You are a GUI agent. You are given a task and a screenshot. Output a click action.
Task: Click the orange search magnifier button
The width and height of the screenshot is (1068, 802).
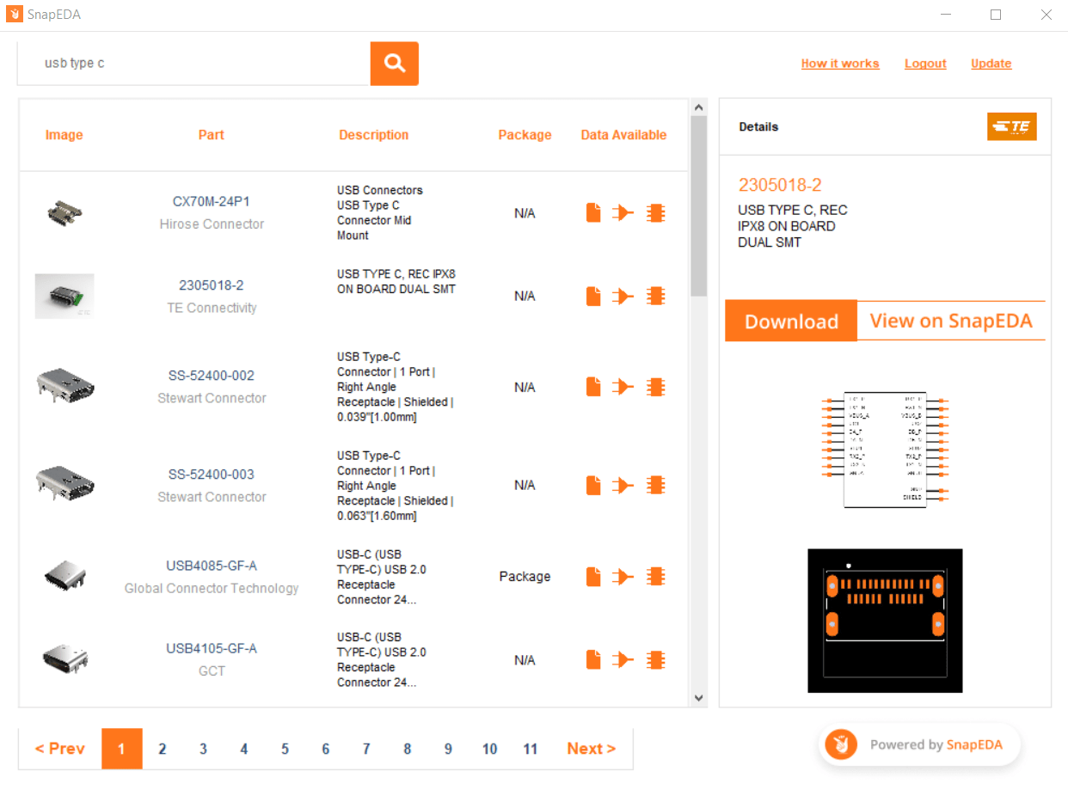[394, 64]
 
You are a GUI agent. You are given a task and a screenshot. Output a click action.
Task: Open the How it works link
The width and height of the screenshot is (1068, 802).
[839, 64]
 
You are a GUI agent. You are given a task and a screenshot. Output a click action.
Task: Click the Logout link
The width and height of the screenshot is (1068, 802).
[925, 64]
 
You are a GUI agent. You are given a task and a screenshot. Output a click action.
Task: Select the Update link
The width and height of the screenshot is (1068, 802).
[991, 64]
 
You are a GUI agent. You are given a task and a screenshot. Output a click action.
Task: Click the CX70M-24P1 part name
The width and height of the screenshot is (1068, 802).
[212, 201]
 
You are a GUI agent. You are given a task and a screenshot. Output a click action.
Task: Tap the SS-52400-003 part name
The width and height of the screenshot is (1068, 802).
[212, 474]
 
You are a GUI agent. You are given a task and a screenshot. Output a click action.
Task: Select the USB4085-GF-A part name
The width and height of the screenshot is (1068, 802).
[212, 566]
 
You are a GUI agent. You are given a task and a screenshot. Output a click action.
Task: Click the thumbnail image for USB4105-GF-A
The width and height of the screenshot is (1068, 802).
[65, 659]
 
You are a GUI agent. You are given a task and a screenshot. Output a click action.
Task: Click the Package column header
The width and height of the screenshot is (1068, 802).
[525, 135]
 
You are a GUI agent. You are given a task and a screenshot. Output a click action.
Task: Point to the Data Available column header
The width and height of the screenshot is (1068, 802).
[623, 135]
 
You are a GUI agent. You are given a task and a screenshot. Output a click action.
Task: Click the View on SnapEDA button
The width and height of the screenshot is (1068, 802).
[951, 321]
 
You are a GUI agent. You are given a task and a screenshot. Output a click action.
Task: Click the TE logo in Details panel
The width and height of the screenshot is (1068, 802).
[1011, 127]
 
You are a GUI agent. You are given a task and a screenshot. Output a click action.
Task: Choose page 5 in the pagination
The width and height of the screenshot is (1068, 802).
[285, 749]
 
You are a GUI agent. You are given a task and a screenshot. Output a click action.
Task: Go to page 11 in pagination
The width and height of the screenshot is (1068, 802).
[531, 749]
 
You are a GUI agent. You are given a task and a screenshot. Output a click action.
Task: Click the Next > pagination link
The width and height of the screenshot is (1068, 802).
[591, 749]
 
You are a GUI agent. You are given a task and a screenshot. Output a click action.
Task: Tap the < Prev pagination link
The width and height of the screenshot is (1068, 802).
[60, 749]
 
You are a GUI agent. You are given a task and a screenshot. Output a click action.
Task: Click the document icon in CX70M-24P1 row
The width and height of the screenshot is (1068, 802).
[593, 213]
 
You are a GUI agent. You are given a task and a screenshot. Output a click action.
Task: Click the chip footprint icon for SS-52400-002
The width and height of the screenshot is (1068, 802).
[655, 387]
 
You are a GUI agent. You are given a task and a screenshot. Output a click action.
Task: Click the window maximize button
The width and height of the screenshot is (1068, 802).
[996, 15]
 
